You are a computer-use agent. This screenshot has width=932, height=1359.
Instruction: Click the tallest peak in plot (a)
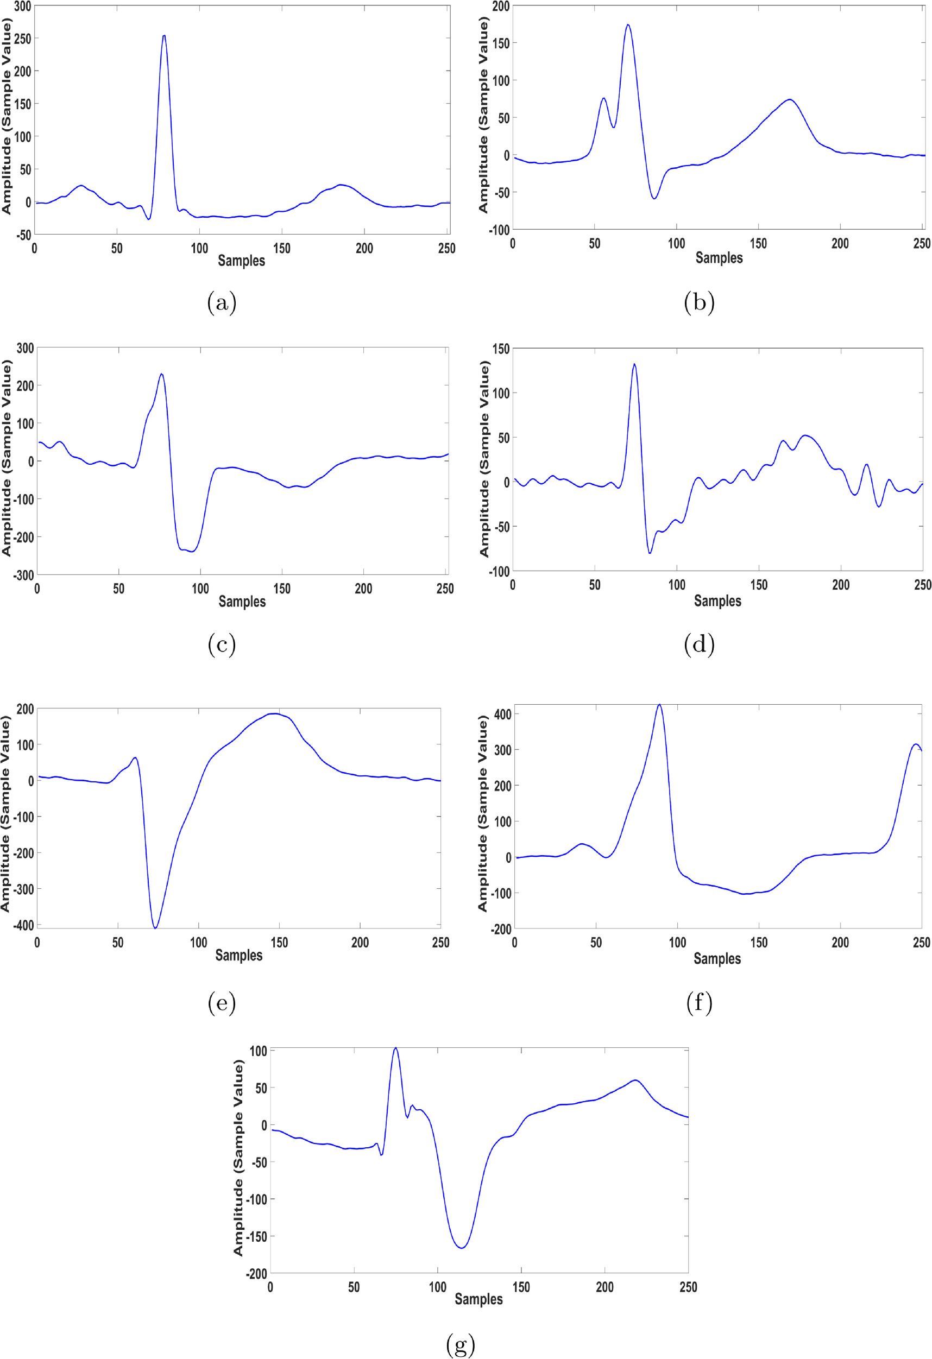pos(164,36)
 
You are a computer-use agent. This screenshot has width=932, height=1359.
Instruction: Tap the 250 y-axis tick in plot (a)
pos(22,39)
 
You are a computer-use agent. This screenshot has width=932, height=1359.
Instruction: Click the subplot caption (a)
pos(222,302)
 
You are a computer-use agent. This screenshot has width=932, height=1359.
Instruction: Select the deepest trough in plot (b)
pos(654,199)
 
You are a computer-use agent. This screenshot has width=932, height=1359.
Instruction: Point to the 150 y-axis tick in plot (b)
pos(501,43)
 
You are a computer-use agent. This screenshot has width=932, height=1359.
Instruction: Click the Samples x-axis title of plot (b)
pos(719,258)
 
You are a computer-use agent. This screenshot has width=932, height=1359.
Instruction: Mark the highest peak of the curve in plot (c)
pos(161,374)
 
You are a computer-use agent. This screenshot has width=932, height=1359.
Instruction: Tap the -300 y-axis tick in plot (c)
pos(23,575)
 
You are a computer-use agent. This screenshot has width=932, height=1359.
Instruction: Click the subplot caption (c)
pos(222,644)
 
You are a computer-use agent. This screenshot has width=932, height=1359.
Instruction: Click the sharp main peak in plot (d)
pos(634,364)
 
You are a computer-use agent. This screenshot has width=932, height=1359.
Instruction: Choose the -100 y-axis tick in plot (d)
pos(499,571)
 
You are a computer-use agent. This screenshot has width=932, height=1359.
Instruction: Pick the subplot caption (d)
pos(699,644)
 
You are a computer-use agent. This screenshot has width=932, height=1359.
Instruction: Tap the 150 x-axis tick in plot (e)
pos(279,943)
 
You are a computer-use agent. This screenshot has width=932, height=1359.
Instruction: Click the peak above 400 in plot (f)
pos(659,705)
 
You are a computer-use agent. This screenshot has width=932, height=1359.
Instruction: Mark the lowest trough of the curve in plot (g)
pos(462,1248)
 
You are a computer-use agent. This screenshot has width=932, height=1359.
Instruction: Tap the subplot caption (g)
pos(461,1344)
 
